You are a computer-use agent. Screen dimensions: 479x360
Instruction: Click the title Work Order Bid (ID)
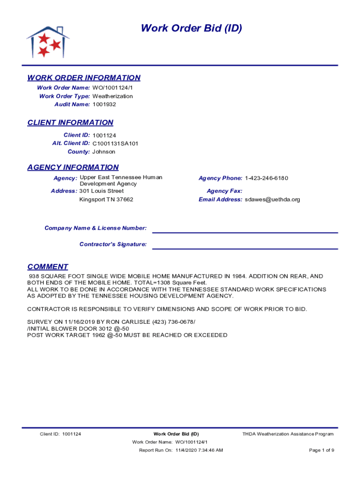point(191,29)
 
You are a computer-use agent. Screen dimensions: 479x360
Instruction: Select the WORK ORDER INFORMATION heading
point(84,78)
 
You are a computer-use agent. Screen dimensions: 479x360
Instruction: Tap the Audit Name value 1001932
point(104,104)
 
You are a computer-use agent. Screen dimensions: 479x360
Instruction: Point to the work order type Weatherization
point(112,96)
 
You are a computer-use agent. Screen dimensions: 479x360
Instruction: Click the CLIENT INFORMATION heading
point(70,123)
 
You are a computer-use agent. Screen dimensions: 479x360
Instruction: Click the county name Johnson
point(104,152)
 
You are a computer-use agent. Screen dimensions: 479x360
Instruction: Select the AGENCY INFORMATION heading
point(73,167)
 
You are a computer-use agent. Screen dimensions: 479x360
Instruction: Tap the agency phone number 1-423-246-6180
point(266,178)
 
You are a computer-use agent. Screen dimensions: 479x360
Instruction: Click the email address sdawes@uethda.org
point(273,199)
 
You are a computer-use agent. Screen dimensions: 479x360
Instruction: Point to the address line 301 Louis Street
point(101,191)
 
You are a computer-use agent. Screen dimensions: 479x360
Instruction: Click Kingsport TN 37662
point(106,199)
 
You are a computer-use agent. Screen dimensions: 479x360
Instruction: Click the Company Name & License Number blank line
point(245,232)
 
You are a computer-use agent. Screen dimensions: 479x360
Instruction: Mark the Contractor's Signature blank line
point(245,248)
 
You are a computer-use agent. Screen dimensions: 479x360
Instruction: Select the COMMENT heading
point(48,267)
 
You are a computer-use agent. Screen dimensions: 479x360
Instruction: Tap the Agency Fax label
point(224,191)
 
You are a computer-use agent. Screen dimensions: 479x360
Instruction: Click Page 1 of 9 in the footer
point(322,450)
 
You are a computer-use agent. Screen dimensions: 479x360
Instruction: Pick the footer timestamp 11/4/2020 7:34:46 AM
point(199,450)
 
